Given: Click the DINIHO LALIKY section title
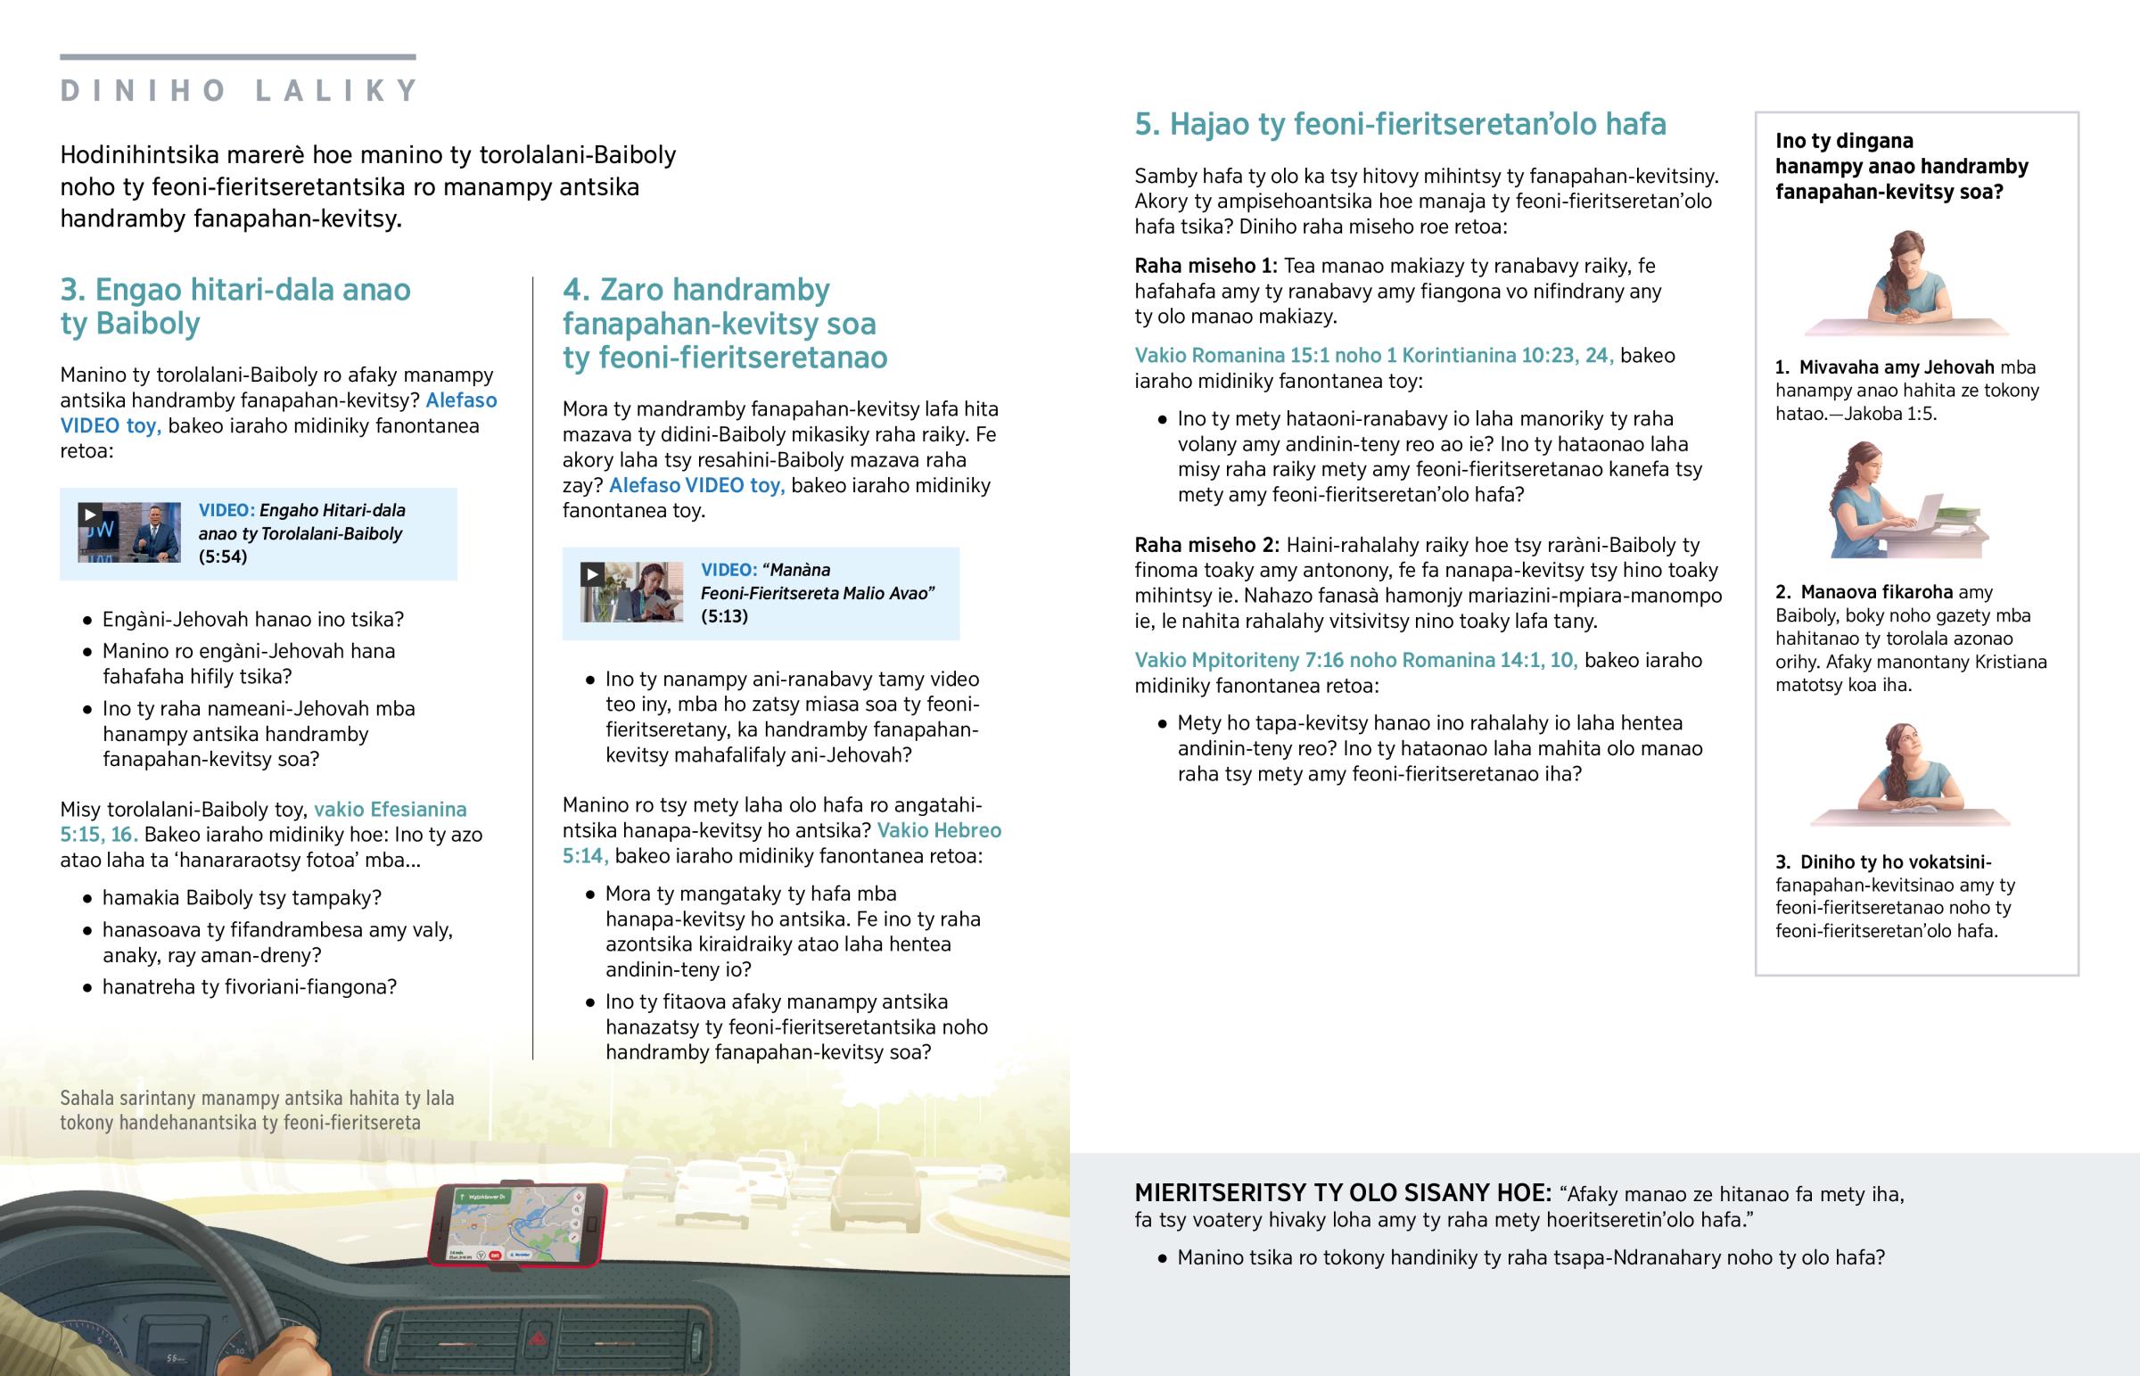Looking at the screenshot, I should pyautogui.click(x=238, y=90).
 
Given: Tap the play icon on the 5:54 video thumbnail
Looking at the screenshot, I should pyautogui.click(x=89, y=514).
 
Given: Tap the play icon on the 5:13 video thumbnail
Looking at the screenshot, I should pyautogui.click(x=591, y=573).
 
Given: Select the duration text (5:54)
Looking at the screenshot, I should pyautogui.click(x=222, y=556).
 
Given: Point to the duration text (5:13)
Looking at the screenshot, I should pyautogui.click(x=724, y=616).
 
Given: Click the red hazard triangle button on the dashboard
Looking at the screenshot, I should pyautogui.click(x=539, y=1339).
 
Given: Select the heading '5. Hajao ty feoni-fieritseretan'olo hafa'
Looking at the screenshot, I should pyautogui.click(x=1400, y=124).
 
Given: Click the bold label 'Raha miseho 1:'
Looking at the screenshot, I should pyautogui.click(x=1205, y=267).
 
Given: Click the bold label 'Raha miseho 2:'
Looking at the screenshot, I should pyautogui.click(x=1206, y=545).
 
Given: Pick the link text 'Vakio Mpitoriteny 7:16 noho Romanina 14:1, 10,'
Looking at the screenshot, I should pyautogui.click(x=1355, y=660).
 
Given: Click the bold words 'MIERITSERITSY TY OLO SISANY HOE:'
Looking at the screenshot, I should pyautogui.click(x=1343, y=1194).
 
